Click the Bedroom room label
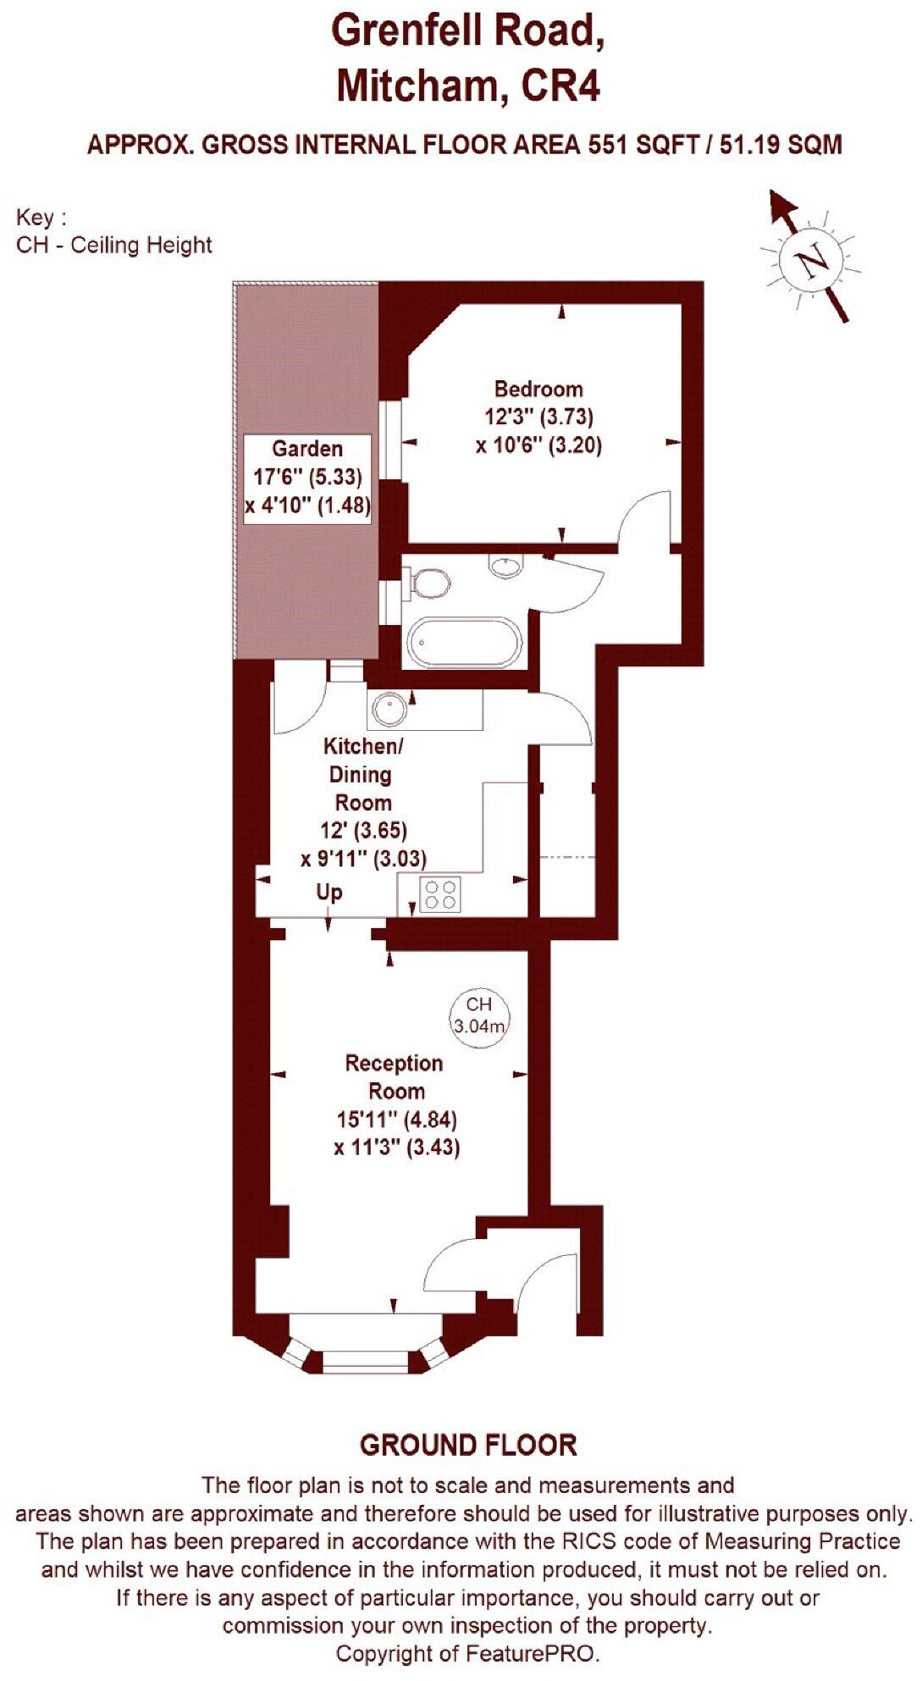pyautogui.click(x=538, y=390)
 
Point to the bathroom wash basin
pyautogui.click(x=507, y=565)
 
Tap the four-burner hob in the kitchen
pyautogui.click(x=440, y=895)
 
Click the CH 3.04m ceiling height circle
pyautogui.click(x=479, y=1014)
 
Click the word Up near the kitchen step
pyautogui.click(x=329, y=892)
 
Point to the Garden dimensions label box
pyautogui.click(x=307, y=478)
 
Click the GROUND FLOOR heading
pyautogui.click(x=468, y=1445)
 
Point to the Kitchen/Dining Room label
pyautogui.click(x=363, y=774)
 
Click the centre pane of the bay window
pyautogui.click(x=366, y=1360)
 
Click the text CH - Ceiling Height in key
pyautogui.click(x=114, y=246)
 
